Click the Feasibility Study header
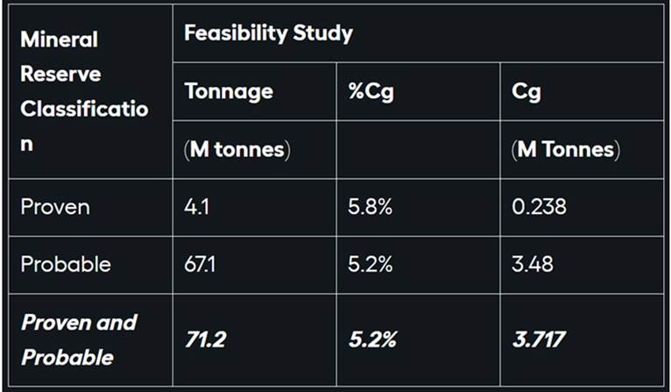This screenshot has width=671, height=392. [x=268, y=34]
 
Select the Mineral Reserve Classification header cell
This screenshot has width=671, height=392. [x=84, y=91]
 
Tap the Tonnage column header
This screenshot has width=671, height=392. [x=229, y=91]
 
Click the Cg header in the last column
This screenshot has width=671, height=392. [x=526, y=91]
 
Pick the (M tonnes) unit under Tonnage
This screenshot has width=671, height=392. [x=237, y=149]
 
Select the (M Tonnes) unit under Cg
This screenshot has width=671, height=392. [x=565, y=149]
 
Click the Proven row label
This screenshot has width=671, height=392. [x=55, y=207]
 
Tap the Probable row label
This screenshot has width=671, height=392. [x=66, y=264]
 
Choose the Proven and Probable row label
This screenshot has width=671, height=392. [x=79, y=339]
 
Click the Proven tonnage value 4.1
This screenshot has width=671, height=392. [x=197, y=207]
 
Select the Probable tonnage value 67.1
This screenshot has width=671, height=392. [x=201, y=264]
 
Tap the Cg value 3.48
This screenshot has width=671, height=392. [x=533, y=264]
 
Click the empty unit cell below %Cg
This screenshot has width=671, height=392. [x=418, y=149]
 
